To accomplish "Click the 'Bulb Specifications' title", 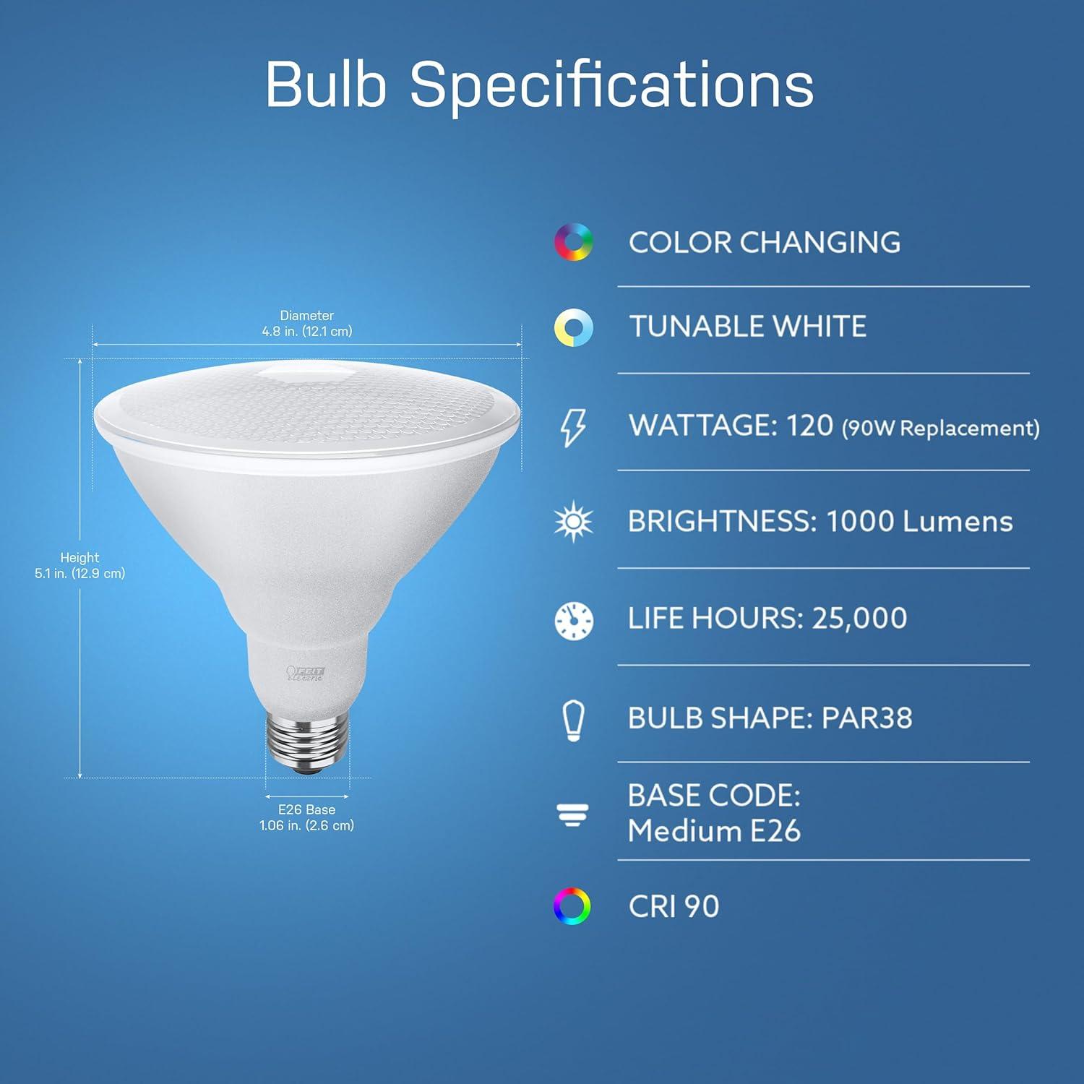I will [x=539, y=85].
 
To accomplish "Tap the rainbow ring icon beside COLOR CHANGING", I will [x=574, y=242].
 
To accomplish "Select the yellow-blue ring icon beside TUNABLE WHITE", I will [x=574, y=327].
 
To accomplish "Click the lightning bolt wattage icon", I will [x=574, y=427].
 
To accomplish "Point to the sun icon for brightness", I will [x=574, y=522].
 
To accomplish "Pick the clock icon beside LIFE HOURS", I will [x=574, y=620].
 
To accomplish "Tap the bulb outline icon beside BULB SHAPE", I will [x=574, y=720].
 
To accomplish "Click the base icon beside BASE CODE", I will [x=572, y=815].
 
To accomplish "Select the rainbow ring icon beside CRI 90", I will [x=572, y=906].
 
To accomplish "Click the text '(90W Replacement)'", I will [x=941, y=429].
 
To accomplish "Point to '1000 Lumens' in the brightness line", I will [x=919, y=522].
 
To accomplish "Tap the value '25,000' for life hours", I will [x=859, y=619].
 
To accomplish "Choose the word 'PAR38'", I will [x=866, y=718].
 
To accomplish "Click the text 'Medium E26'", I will [x=714, y=831].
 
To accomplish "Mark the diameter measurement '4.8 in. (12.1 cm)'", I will [x=307, y=332].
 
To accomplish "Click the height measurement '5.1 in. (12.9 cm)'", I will [x=80, y=574].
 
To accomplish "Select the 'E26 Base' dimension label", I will [x=307, y=810].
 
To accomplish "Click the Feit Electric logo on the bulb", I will [x=306, y=674].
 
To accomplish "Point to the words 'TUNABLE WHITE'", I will [x=747, y=327].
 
